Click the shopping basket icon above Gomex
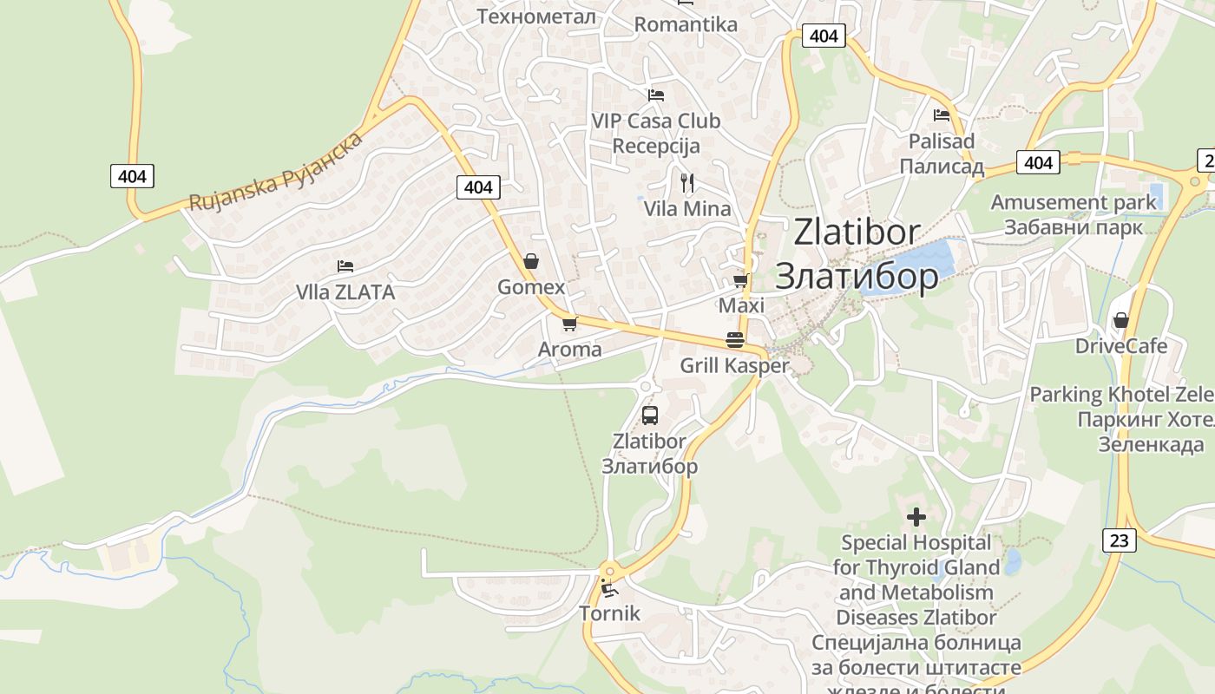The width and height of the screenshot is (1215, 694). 531,261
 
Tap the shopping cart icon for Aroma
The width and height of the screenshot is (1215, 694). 569,324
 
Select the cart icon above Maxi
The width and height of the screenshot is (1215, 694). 741,279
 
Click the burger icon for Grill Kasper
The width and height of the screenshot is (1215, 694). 735,339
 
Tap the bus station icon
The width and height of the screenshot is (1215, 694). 650,415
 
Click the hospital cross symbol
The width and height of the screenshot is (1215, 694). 916,518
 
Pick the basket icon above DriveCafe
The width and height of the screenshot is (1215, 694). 1121,320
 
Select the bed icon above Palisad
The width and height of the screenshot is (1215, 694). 942,115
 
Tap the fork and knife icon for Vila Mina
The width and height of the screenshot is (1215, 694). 687,182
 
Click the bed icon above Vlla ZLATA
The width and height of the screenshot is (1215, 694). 345,265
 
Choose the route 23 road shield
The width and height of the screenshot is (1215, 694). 1120,540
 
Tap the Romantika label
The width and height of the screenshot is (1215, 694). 686,24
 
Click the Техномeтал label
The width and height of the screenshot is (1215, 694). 536,16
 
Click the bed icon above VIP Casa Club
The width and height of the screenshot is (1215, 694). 656,95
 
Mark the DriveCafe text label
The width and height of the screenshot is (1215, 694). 1121,346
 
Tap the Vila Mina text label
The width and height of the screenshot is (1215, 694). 687,209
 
